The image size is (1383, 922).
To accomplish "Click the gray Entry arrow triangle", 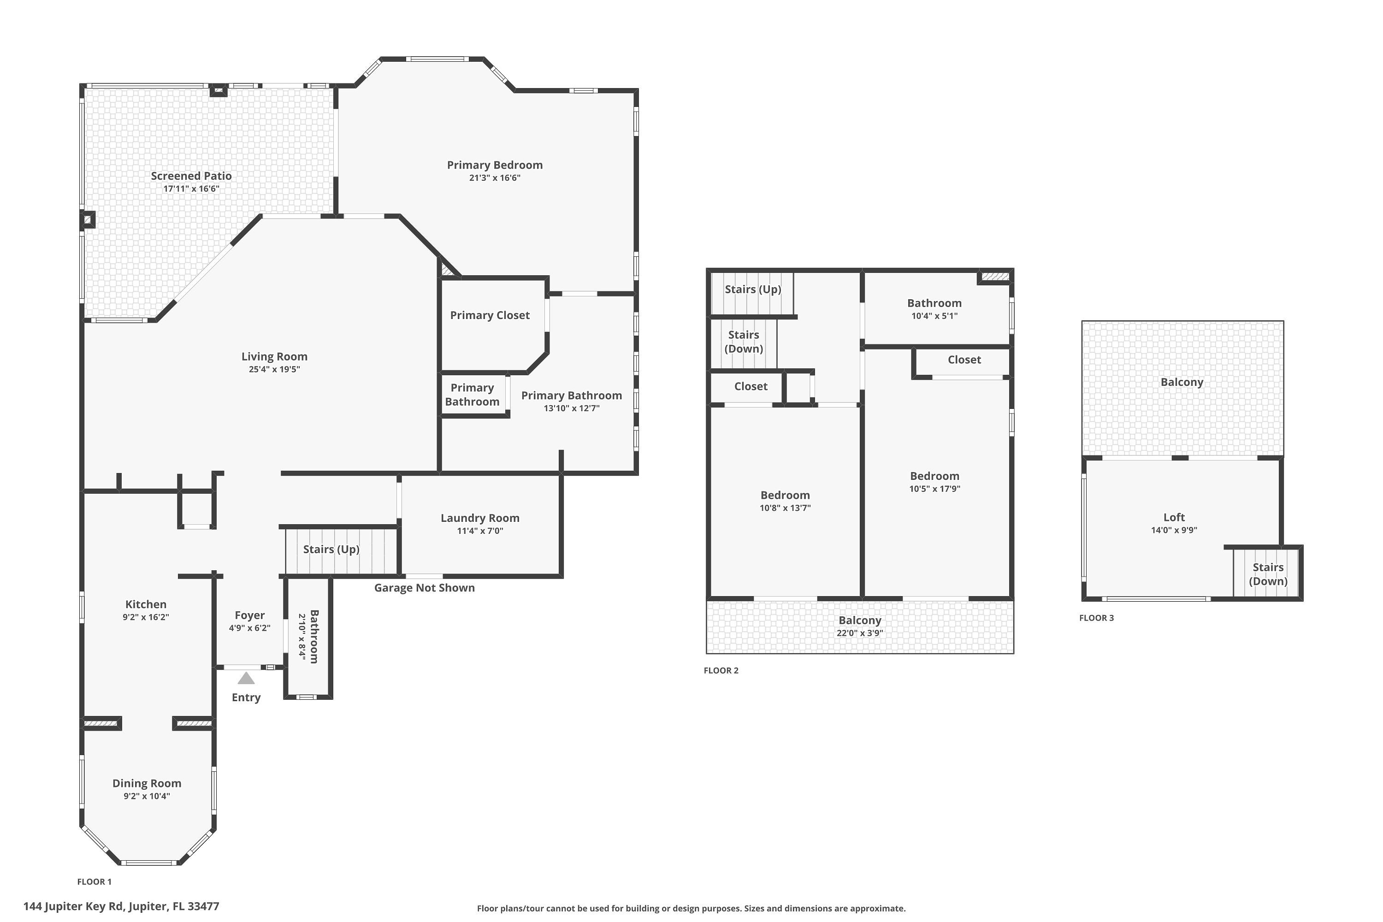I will coord(246,679).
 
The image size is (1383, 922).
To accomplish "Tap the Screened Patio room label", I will coord(191,176).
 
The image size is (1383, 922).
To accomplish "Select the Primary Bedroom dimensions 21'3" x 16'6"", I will coord(495,178).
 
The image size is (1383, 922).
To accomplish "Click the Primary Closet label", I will coord(490,315).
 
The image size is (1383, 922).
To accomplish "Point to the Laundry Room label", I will coord(480,518).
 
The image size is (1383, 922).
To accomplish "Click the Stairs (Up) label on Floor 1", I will coord(331,549).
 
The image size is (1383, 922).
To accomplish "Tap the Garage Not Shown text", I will coord(424,587).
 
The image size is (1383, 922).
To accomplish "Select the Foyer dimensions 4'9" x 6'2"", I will coord(249,628).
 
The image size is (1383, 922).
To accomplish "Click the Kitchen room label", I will coord(146,604).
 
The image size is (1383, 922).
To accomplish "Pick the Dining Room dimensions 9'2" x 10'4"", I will coord(147,796).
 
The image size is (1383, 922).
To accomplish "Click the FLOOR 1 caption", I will coord(94,881).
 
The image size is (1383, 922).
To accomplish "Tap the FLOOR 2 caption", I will coord(721,670).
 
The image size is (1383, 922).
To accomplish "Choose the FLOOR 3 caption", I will coord(1096,617).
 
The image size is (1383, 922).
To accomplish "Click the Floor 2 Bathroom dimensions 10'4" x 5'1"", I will coord(934,316).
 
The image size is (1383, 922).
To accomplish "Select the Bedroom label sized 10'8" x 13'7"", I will coord(785,495).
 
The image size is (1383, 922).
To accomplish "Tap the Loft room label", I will coord(1174,517).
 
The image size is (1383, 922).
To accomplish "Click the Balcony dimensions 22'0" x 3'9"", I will coord(860,633).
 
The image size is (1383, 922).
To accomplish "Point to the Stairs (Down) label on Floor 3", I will coord(1268,574).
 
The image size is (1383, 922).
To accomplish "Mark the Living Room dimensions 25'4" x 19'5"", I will coord(274,369).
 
